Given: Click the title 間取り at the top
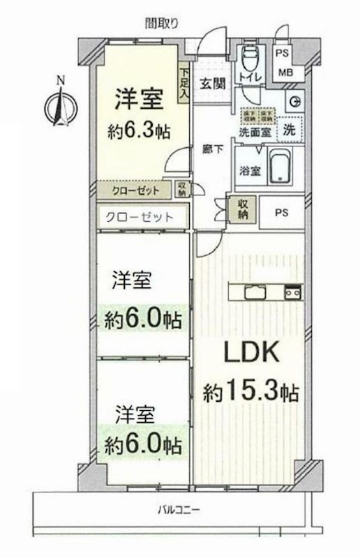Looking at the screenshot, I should pos(162,22).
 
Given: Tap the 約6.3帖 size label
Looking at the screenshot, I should pos(139,131).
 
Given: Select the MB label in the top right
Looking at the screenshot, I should pos(286,73).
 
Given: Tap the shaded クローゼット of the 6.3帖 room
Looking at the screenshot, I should pos(133,189).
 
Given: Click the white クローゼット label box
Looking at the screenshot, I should pos(140,216).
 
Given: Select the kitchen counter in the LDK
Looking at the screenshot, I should pos(264,291).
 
